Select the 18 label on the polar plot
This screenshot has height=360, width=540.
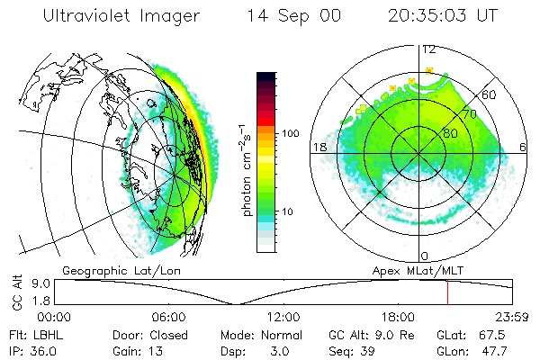[318, 147]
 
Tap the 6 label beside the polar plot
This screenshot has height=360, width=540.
[524, 147]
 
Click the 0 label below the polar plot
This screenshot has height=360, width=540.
[425, 256]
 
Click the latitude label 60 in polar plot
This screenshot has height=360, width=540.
[490, 94]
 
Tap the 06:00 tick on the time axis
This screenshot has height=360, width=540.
[169, 317]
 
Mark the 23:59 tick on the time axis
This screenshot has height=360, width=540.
[512, 317]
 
